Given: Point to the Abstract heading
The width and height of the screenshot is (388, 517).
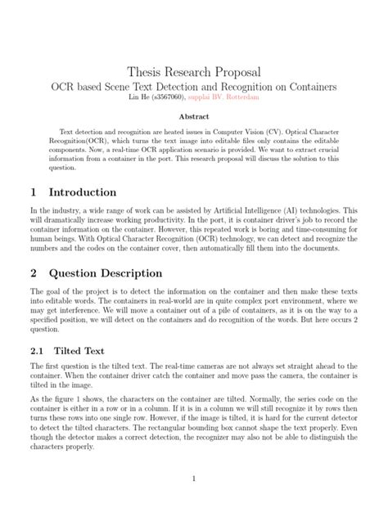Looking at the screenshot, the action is [x=194, y=117].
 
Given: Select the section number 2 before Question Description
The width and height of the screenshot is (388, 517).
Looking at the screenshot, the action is [x=35, y=272].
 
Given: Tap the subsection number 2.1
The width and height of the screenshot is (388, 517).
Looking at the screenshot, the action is [x=38, y=351].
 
